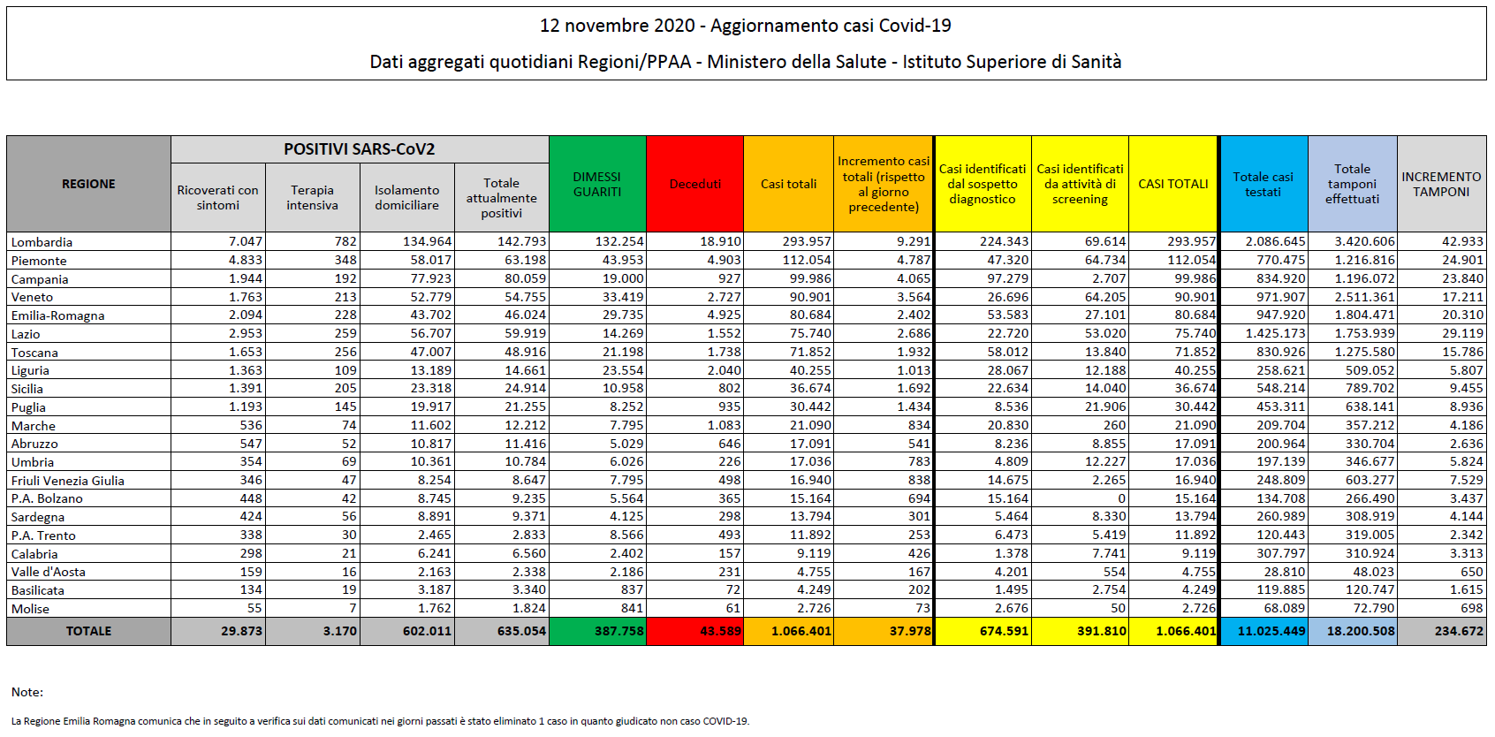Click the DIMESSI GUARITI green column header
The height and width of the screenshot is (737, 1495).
click(597, 184)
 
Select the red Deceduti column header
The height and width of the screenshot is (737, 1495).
click(694, 184)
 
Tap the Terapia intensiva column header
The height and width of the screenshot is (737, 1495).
click(312, 197)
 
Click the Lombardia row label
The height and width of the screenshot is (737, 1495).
click(42, 242)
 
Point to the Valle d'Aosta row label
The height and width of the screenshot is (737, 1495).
click(49, 572)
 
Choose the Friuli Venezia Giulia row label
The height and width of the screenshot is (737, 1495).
click(68, 481)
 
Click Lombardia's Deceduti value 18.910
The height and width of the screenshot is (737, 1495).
click(720, 241)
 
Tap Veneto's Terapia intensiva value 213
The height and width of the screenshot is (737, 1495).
click(345, 297)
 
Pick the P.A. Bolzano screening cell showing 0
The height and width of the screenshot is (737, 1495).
click(1121, 498)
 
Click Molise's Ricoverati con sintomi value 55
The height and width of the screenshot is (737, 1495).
click(254, 608)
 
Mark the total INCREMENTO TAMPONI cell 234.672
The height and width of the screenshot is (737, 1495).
click(1459, 631)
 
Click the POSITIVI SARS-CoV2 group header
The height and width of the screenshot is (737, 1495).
click(360, 149)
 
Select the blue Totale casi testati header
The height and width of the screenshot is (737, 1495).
click(1263, 184)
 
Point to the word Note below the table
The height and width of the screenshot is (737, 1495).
click(27, 692)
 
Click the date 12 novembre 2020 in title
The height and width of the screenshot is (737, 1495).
click(618, 26)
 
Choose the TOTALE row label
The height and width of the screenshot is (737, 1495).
click(88, 631)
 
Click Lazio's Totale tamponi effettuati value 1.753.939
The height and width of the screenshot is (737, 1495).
click(1365, 333)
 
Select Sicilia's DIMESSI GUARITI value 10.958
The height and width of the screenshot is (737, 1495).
click(623, 388)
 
